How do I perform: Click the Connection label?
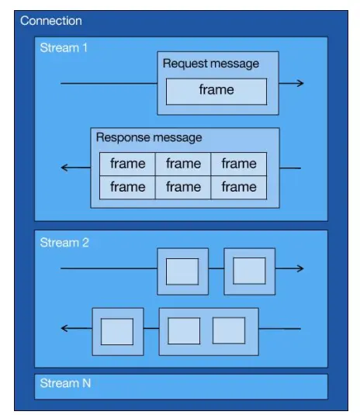coord(51,21)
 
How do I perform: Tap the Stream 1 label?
coord(64,48)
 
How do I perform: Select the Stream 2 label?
coord(64,243)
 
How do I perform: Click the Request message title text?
coord(211,64)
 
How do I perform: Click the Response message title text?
coord(149,137)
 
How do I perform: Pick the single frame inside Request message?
coord(216,91)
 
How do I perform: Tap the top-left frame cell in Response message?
coord(127,164)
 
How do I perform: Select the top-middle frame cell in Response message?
coord(183,164)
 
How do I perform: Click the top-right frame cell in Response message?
coord(238,164)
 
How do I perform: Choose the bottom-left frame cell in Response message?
coord(127,187)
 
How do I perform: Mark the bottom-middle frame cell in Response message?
coord(183,187)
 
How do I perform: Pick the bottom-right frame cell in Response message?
coord(238,187)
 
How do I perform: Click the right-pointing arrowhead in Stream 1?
coord(299,83)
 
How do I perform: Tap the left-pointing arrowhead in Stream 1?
coord(65,168)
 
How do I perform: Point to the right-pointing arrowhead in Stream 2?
coord(299,269)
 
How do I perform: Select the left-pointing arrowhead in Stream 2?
coord(65,329)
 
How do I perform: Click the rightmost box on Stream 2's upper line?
coord(249,271)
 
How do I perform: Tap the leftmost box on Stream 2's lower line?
coord(117,331)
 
